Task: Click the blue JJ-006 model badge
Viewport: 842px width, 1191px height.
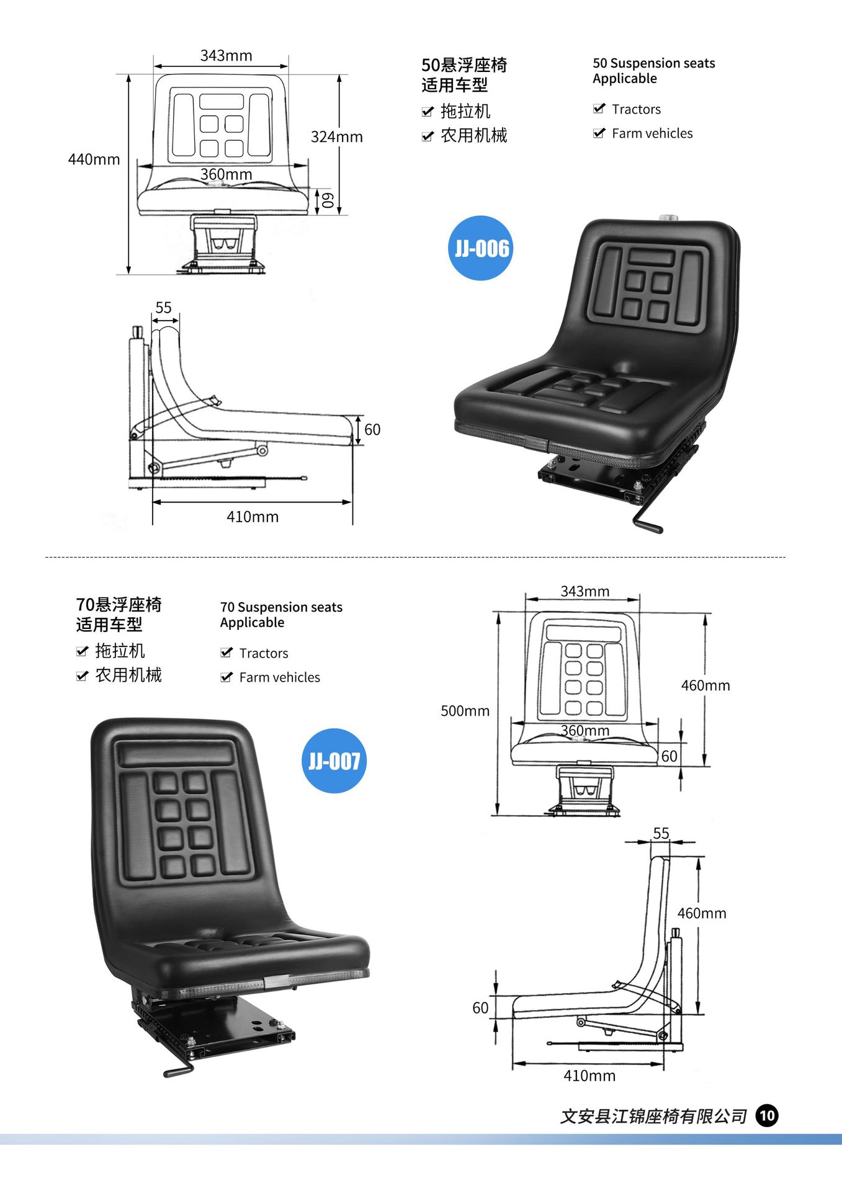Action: coord(481,248)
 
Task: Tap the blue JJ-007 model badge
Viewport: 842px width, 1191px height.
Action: coord(334,761)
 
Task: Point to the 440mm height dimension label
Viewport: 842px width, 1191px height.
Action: coord(94,159)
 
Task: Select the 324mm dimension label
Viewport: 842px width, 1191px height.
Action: coord(336,136)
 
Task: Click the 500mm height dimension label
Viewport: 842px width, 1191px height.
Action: coord(465,711)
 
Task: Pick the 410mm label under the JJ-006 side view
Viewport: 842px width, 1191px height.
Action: coord(252,517)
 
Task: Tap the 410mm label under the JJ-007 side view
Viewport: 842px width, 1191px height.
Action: coord(589,1076)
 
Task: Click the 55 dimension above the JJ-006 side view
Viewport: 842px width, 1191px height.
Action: coord(163,308)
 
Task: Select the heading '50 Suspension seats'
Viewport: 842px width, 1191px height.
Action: coord(653,63)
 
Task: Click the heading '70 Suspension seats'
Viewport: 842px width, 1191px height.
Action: coord(281,607)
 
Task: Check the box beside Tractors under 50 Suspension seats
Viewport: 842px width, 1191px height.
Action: coord(599,109)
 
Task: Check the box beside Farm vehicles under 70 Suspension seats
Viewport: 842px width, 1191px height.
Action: coord(226,677)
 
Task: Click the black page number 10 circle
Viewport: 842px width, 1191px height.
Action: coord(767,1116)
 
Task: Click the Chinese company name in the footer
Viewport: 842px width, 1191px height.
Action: coord(653,1117)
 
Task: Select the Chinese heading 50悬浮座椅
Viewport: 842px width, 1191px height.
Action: coord(464,65)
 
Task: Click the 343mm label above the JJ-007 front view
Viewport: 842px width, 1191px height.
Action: coord(584,591)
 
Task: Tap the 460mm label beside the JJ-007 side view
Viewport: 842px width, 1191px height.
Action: coord(701,913)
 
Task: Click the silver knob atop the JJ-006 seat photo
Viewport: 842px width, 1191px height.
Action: coord(669,218)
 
